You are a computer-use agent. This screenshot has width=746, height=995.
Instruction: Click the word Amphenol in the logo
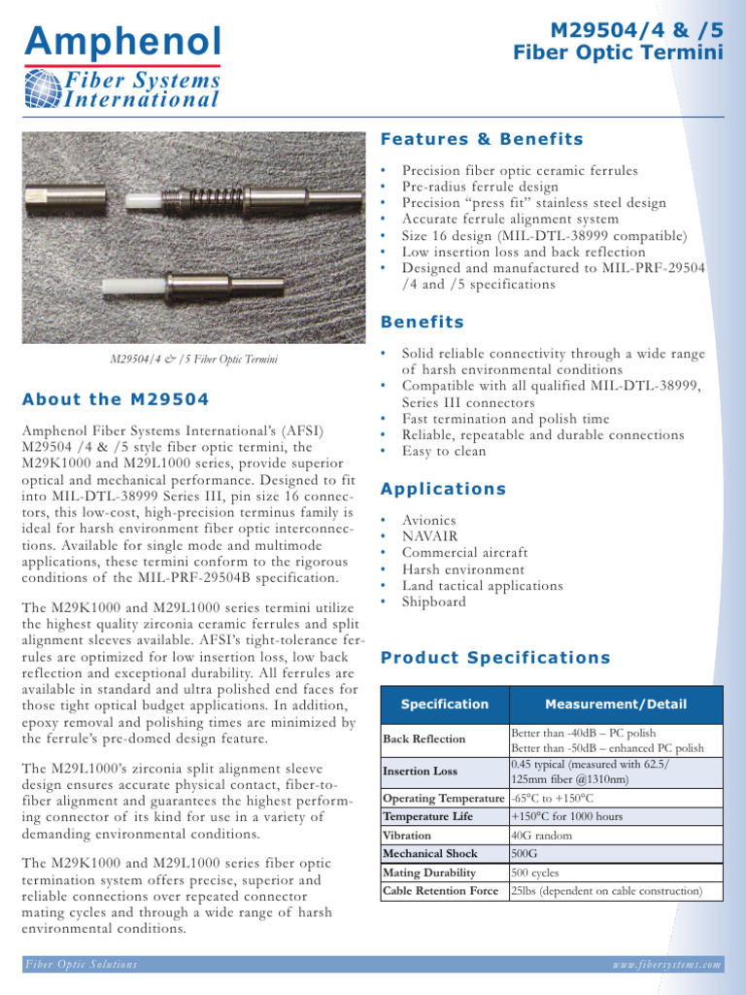[x=122, y=41]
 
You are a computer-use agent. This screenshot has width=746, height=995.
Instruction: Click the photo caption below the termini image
[x=193, y=360]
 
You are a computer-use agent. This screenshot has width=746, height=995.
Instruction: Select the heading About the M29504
[x=116, y=399]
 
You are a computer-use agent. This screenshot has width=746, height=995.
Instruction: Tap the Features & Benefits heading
[x=482, y=139]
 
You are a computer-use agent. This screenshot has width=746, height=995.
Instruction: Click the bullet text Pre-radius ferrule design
[x=480, y=187]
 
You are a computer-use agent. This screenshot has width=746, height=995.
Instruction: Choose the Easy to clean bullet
[x=444, y=451]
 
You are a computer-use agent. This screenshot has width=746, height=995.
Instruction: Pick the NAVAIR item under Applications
[x=429, y=535]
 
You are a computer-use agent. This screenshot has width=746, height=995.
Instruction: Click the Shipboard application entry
[x=433, y=601]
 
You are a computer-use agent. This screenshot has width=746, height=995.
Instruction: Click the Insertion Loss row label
[x=420, y=771]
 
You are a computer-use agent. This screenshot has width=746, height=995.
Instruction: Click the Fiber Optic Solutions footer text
[x=82, y=965]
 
